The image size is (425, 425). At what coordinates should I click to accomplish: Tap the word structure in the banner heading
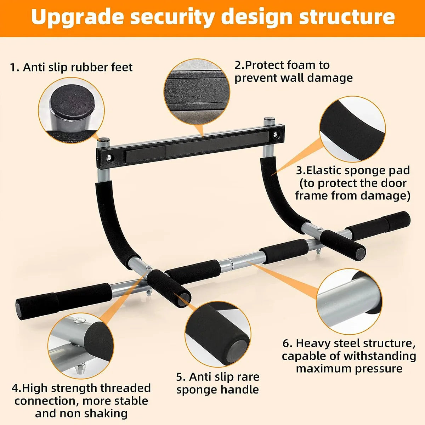347,17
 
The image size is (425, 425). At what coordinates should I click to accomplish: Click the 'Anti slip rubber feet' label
71,67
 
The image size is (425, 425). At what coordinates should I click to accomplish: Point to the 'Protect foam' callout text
293,71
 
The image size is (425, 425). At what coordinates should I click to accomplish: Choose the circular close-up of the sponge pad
353,129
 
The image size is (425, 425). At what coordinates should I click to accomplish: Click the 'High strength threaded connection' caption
81,401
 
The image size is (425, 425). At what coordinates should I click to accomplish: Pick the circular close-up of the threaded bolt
81,346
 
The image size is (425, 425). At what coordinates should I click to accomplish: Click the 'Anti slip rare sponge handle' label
218,383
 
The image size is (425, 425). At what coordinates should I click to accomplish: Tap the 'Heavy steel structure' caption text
349,356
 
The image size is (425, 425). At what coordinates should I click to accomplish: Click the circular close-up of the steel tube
349,301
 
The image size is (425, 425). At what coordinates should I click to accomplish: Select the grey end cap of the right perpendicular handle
360,253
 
